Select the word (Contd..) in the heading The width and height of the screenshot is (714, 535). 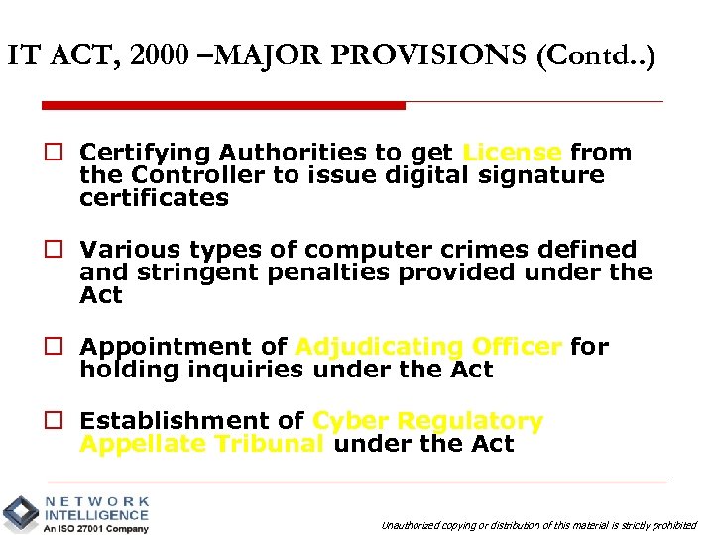595,56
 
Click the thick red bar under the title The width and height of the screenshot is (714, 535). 223,105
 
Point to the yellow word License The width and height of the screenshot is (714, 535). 512,153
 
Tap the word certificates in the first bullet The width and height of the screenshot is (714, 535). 154,198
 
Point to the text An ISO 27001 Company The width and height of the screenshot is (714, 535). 96,528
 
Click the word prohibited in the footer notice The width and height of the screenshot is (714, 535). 675,525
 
